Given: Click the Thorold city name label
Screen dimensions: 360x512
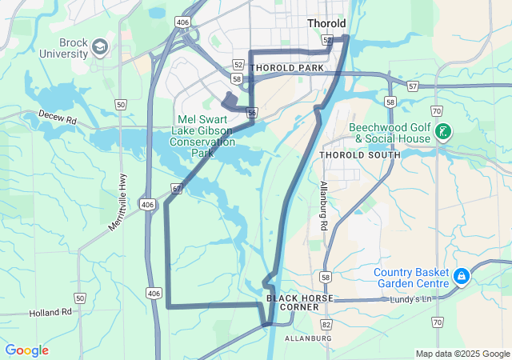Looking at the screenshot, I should pyautogui.click(x=326, y=24).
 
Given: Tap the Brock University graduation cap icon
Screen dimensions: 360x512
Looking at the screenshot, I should pyautogui.click(x=100, y=47).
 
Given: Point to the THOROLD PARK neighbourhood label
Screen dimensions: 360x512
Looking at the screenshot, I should pyautogui.click(x=287, y=68).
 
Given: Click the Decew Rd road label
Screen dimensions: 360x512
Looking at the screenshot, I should pyautogui.click(x=56, y=120).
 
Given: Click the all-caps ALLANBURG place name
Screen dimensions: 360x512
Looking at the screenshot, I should pyautogui.click(x=307, y=338).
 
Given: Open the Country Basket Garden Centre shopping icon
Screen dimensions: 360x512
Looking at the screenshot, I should pyautogui.click(x=462, y=277).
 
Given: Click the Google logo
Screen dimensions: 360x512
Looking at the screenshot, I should pyautogui.click(x=26, y=350).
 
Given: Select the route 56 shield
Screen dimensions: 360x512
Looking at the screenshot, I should pyautogui.click(x=252, y=113).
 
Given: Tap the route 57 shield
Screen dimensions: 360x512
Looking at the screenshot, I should pyautogui.click(x=412, y=86).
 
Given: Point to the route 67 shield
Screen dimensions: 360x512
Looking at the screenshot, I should pyautogui.click(x=175, y=189).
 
